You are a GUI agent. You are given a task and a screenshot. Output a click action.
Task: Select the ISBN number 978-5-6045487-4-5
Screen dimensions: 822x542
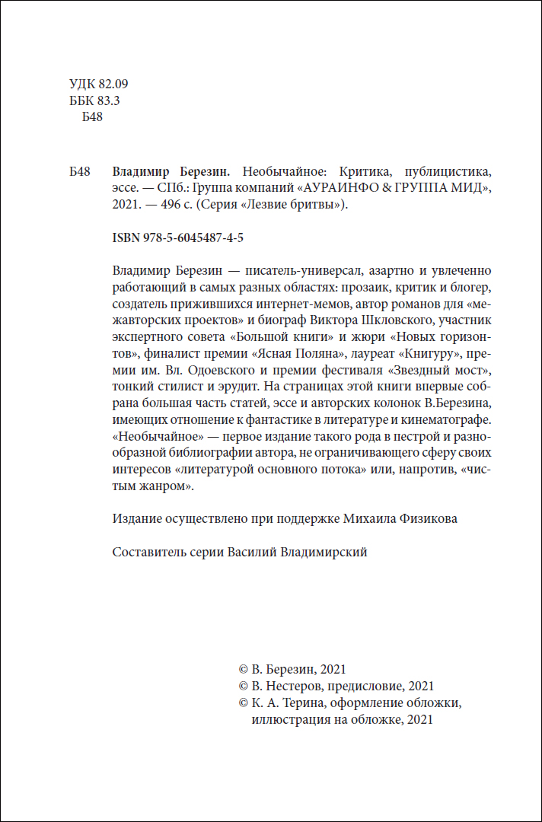pos(177,237)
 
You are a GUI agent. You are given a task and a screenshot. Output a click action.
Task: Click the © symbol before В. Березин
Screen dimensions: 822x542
pos(244,669)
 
